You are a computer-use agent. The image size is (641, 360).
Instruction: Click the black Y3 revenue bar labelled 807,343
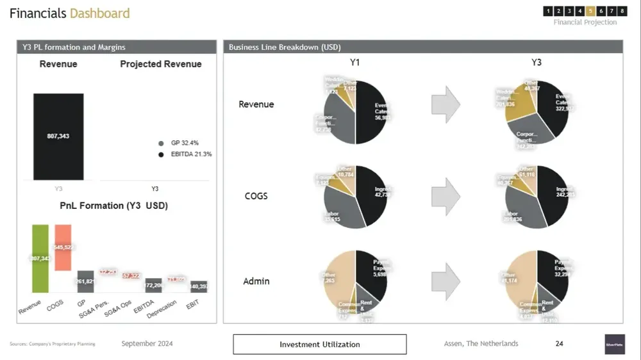point(58,136)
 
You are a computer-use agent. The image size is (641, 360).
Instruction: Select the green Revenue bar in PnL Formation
point(40,258)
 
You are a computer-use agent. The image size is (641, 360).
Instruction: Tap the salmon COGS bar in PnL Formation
point(63,247)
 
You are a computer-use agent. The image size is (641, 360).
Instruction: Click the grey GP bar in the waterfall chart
point(85,281)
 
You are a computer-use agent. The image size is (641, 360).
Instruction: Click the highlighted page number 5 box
point(590,11)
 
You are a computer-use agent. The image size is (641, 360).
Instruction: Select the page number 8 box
point(622,11)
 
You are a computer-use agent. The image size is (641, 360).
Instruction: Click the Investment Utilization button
point(319,344)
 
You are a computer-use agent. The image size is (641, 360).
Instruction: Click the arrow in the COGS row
point(445,196)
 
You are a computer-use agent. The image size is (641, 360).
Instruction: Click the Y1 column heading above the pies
point(355,63)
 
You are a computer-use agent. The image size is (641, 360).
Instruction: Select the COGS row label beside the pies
point(256,196)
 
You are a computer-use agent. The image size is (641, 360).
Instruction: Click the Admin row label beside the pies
point(256,281)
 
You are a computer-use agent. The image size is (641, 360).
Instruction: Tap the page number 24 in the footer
point(559,344)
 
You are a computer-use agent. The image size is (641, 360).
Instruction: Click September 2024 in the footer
point(147,344)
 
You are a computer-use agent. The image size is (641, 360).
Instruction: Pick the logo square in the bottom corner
point(614,344)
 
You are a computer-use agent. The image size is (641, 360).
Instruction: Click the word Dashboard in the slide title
point(99,13)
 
